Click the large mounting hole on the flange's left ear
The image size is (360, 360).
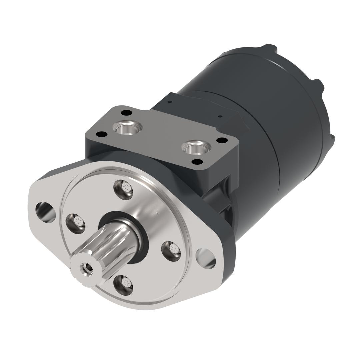(46, 212)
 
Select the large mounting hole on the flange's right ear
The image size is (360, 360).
(206, 258)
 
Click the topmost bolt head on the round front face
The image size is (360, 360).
(123, 189)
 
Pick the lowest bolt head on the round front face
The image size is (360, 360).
(123, 285)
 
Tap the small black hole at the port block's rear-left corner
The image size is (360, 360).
(126, 113)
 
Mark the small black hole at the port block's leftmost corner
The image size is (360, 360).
(101, 134)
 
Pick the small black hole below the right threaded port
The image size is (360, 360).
(197, 162)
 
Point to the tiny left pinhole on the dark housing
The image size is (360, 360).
(170, 102)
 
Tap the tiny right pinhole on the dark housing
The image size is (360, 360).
(220, 116)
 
